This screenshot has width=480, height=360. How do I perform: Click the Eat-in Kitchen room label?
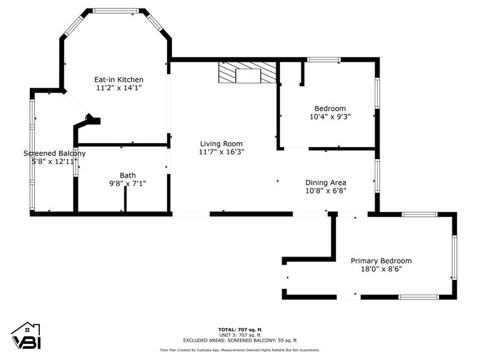click(118, 80)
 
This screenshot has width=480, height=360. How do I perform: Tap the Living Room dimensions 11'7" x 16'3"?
click(222, 152)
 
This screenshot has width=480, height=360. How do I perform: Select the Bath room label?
click(127, 175)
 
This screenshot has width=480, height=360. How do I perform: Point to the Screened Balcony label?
click(54, 154)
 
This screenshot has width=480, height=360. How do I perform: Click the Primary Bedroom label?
click(381, 261)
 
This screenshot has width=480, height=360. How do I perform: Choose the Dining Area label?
click(326, 182)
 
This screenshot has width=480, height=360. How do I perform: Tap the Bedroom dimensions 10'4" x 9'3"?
click(330, 116)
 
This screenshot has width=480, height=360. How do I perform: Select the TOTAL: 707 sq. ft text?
click(239, 329)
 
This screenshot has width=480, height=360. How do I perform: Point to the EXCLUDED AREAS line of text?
click(239, 340)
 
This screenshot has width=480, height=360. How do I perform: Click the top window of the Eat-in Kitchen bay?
click(116, 10)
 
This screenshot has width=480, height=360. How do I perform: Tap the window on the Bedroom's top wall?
click(323, 59)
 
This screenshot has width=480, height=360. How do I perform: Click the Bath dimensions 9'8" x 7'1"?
click(127, 183)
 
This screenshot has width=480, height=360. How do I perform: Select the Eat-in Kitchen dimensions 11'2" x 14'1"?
click(118, 88)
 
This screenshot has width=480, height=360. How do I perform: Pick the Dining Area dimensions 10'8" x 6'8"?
click(326, 190)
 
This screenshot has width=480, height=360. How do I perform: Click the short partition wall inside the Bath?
click(125, 199)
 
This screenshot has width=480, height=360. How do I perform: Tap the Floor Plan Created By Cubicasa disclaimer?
click(239, 350)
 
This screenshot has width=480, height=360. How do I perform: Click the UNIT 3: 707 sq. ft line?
click(239, 335)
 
